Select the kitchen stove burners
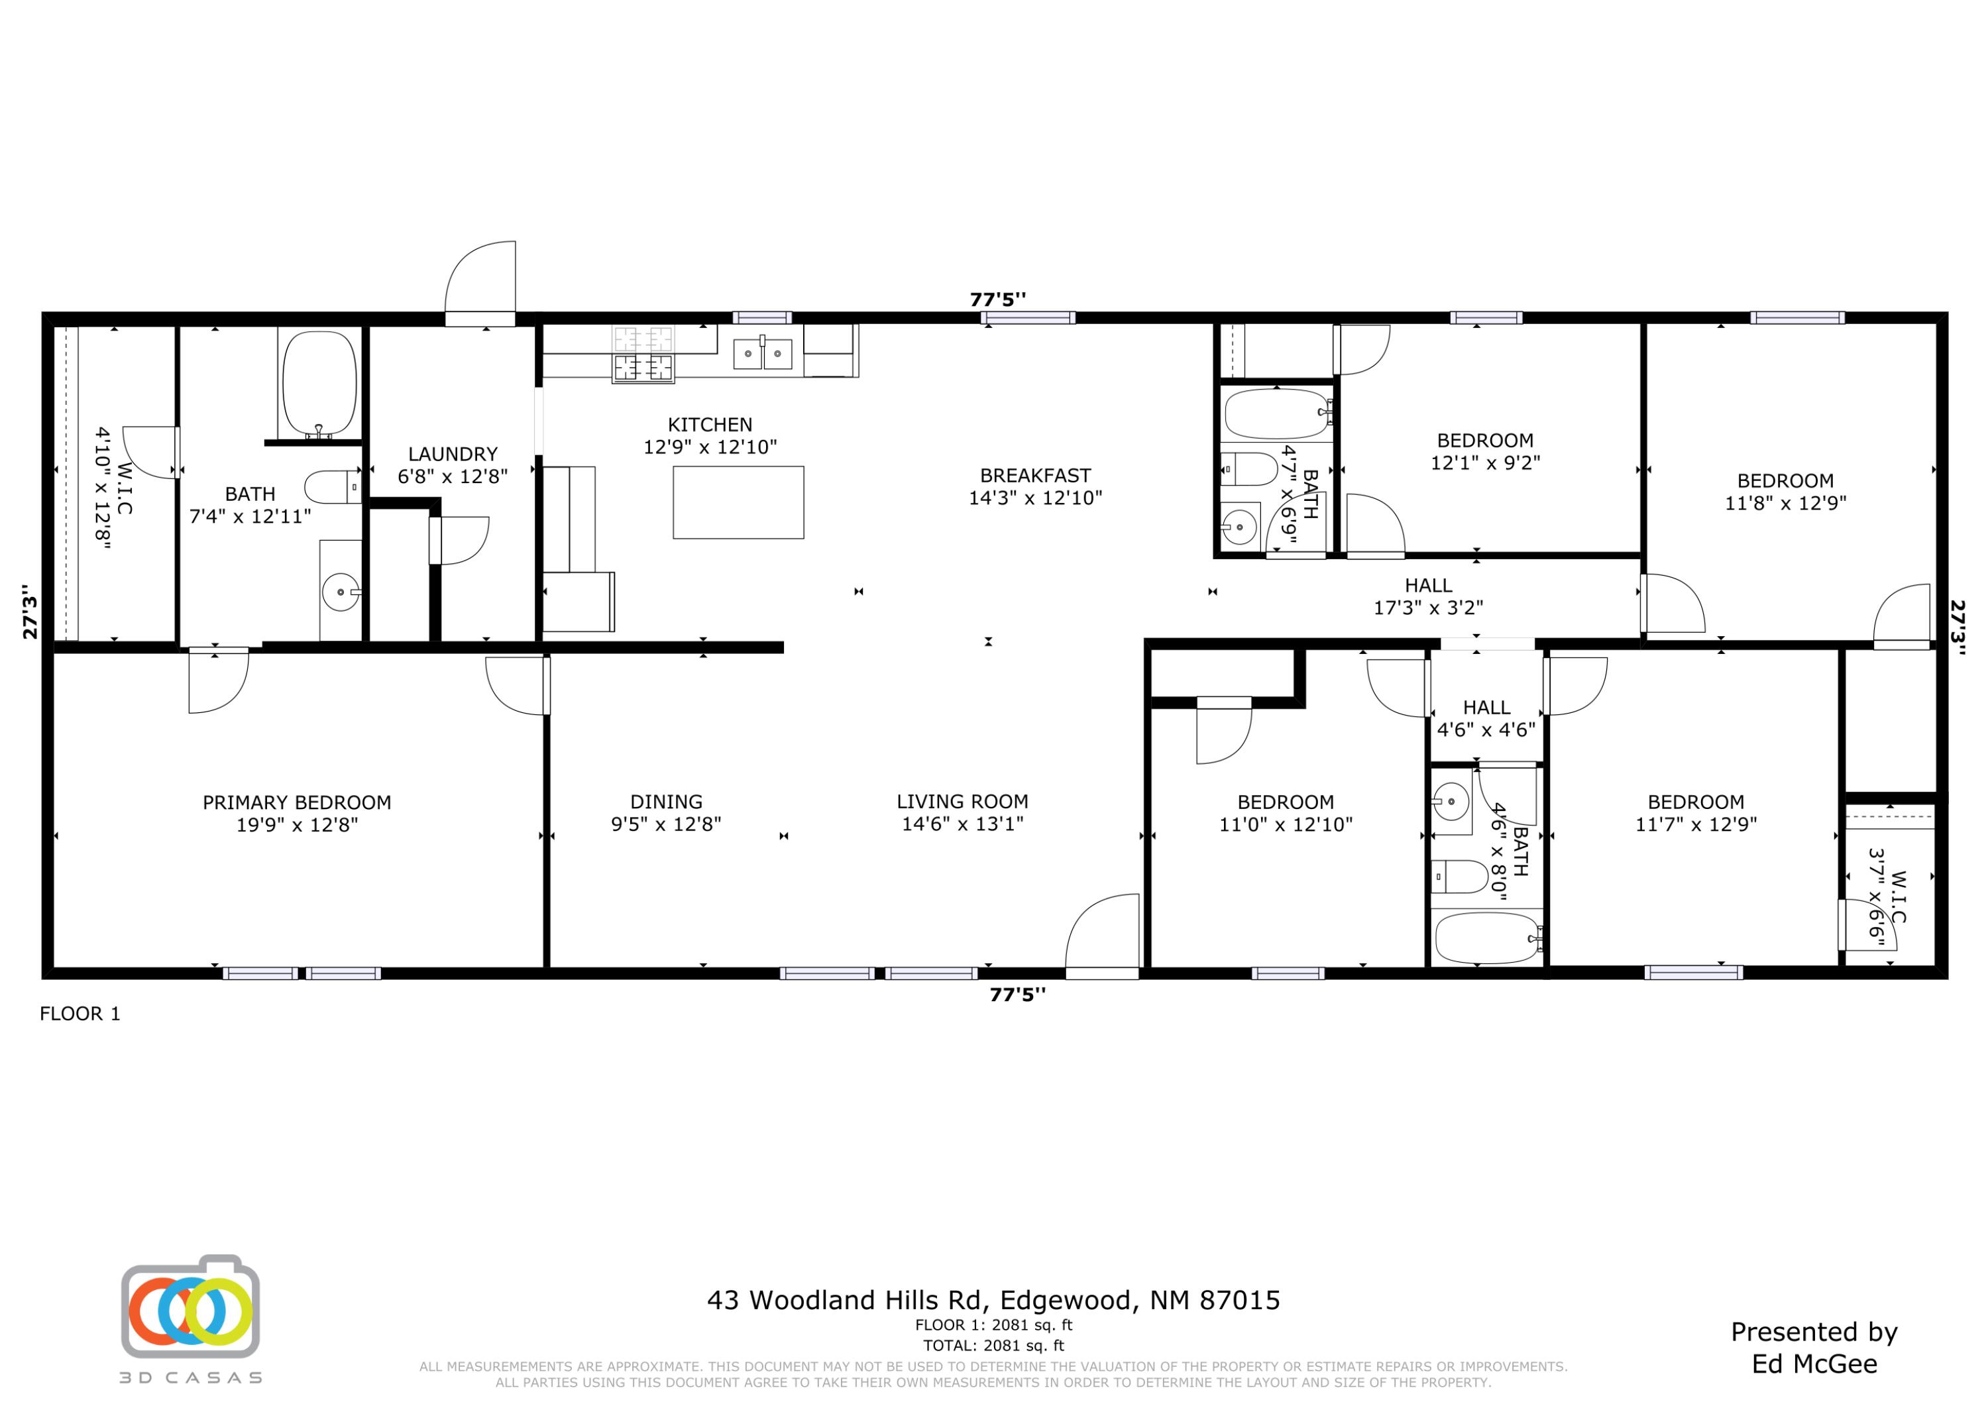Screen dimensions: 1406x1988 pyautogui.click(x=643, y=353)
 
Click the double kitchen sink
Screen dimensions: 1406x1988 pyautogui.click(x=762, y=353)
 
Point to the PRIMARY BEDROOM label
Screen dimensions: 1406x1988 pyautogui.click(x=296, y=802)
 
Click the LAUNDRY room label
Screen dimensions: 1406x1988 pyautogui.click(x=452, y=454)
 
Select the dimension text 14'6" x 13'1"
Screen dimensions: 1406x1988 pyautogui.click(x=962, y=824)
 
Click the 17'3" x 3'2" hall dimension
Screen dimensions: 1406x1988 pyautogui.click(x=1428, y=608)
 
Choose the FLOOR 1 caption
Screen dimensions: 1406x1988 pyautogui.click(x=80, y=1014)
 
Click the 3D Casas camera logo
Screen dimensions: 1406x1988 pyautogui.click(x=190, y=1307)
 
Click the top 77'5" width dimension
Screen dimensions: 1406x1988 pyautogui.click(x=997, y=299)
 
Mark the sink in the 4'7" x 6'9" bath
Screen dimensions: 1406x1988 pyautogui.click(x=1240, y=525)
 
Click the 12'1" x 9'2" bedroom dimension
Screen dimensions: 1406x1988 pyautogui.click(x=1485, y=463)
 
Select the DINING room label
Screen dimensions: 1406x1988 pyautogui.click(x=666, y=802)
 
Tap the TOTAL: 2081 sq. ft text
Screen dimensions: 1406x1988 pyautogui.click(x=993, y=1346)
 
